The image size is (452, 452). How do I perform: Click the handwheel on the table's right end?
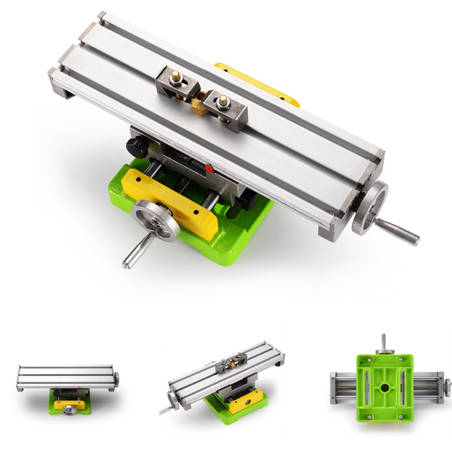[370, 208]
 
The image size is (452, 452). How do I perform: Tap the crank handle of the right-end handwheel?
[398, 231]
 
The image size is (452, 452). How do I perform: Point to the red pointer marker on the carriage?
[208, 169]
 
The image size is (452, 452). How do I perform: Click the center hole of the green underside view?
[385, 388]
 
